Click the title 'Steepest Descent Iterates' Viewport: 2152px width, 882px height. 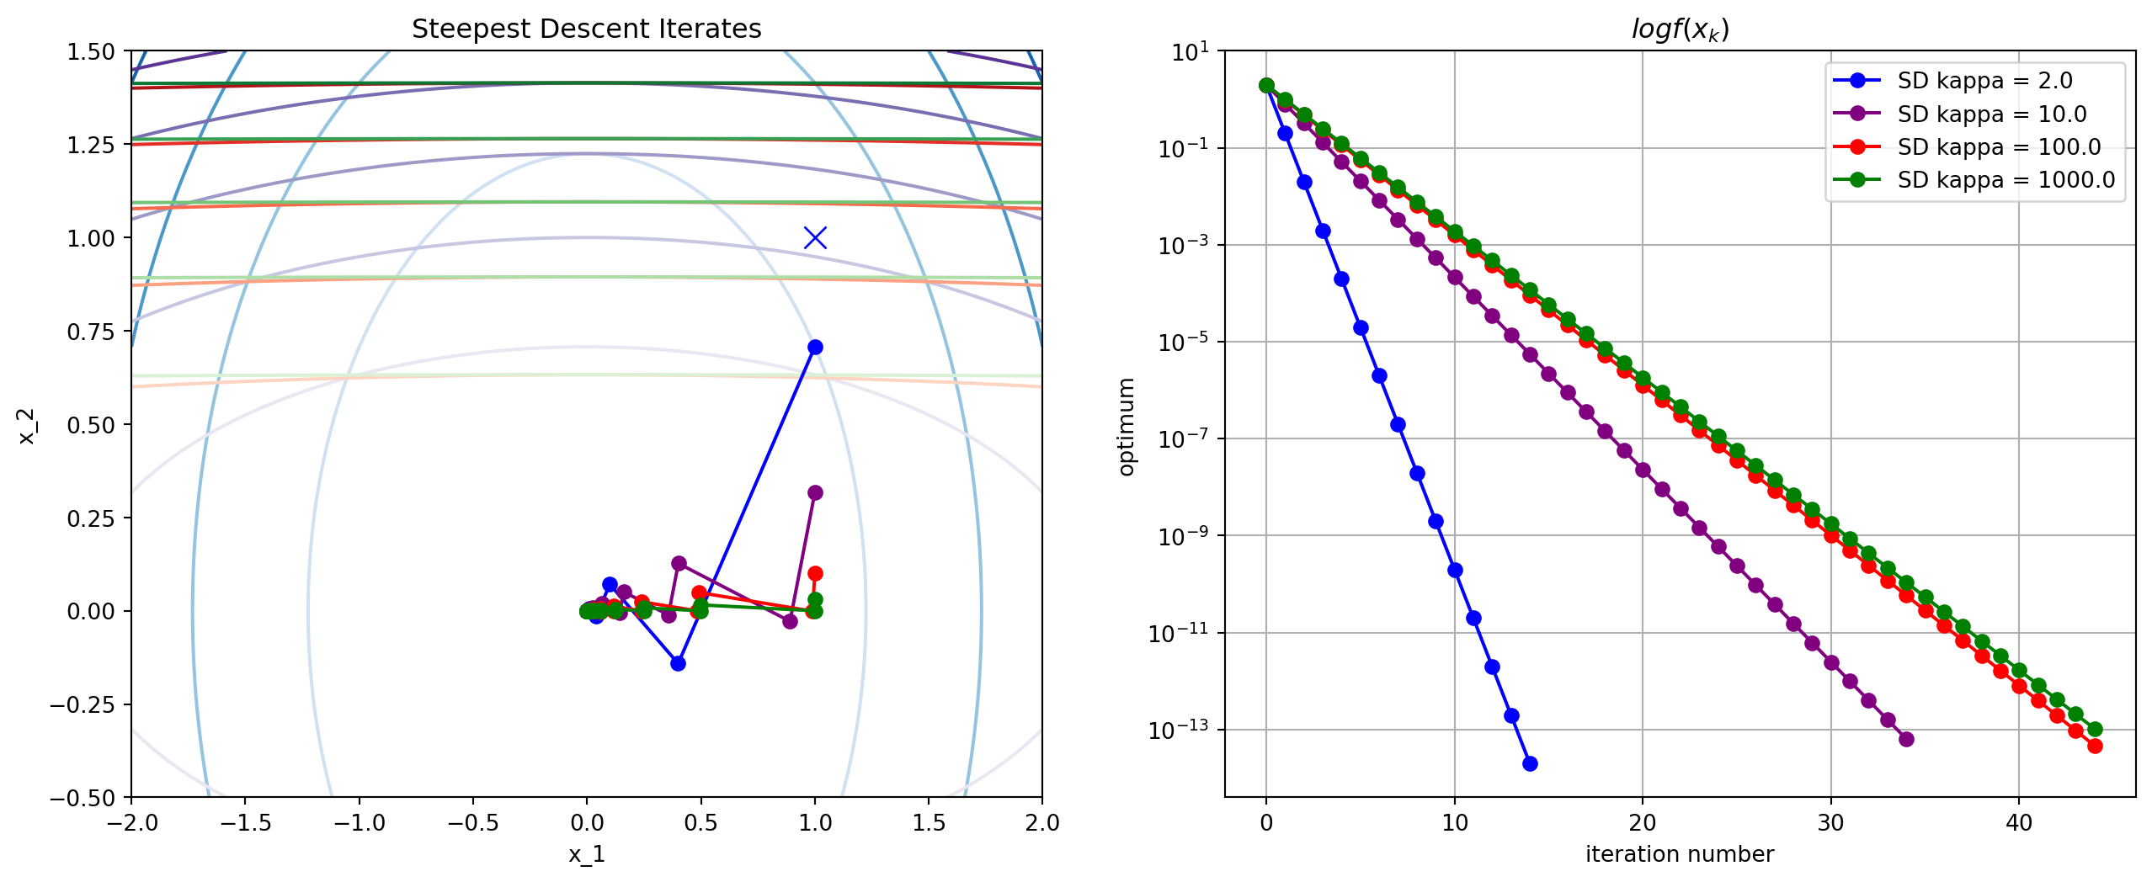[586, 29]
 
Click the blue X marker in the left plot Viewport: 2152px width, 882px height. [815, 238]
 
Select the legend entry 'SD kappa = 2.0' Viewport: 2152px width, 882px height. [1984, 81]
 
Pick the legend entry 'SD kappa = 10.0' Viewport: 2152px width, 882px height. [1990, 114]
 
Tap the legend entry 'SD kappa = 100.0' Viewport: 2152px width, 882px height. [1998, 146]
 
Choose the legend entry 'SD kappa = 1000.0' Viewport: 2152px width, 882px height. [2005, 180]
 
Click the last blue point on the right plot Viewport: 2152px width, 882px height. [1530, 763]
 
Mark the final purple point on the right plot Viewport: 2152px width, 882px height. [1906, 739]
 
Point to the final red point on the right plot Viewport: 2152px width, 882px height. [2095, 746]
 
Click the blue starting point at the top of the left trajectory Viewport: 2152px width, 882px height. [815, 347]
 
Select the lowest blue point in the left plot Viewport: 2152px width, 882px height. [678, 663]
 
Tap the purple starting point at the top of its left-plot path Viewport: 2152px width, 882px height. [815, 492]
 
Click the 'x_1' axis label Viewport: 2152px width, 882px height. [586, 855]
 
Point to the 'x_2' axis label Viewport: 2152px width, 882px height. [27, 425]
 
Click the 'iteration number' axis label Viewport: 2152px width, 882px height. [1679, 855]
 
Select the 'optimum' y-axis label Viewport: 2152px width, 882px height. [1126, 426]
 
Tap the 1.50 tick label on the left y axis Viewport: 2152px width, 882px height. [91, 51]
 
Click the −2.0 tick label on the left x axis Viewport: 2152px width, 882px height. [131, 823]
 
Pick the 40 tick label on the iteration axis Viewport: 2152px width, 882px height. [2018, 823]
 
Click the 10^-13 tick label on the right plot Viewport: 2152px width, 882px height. [1179, 730]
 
